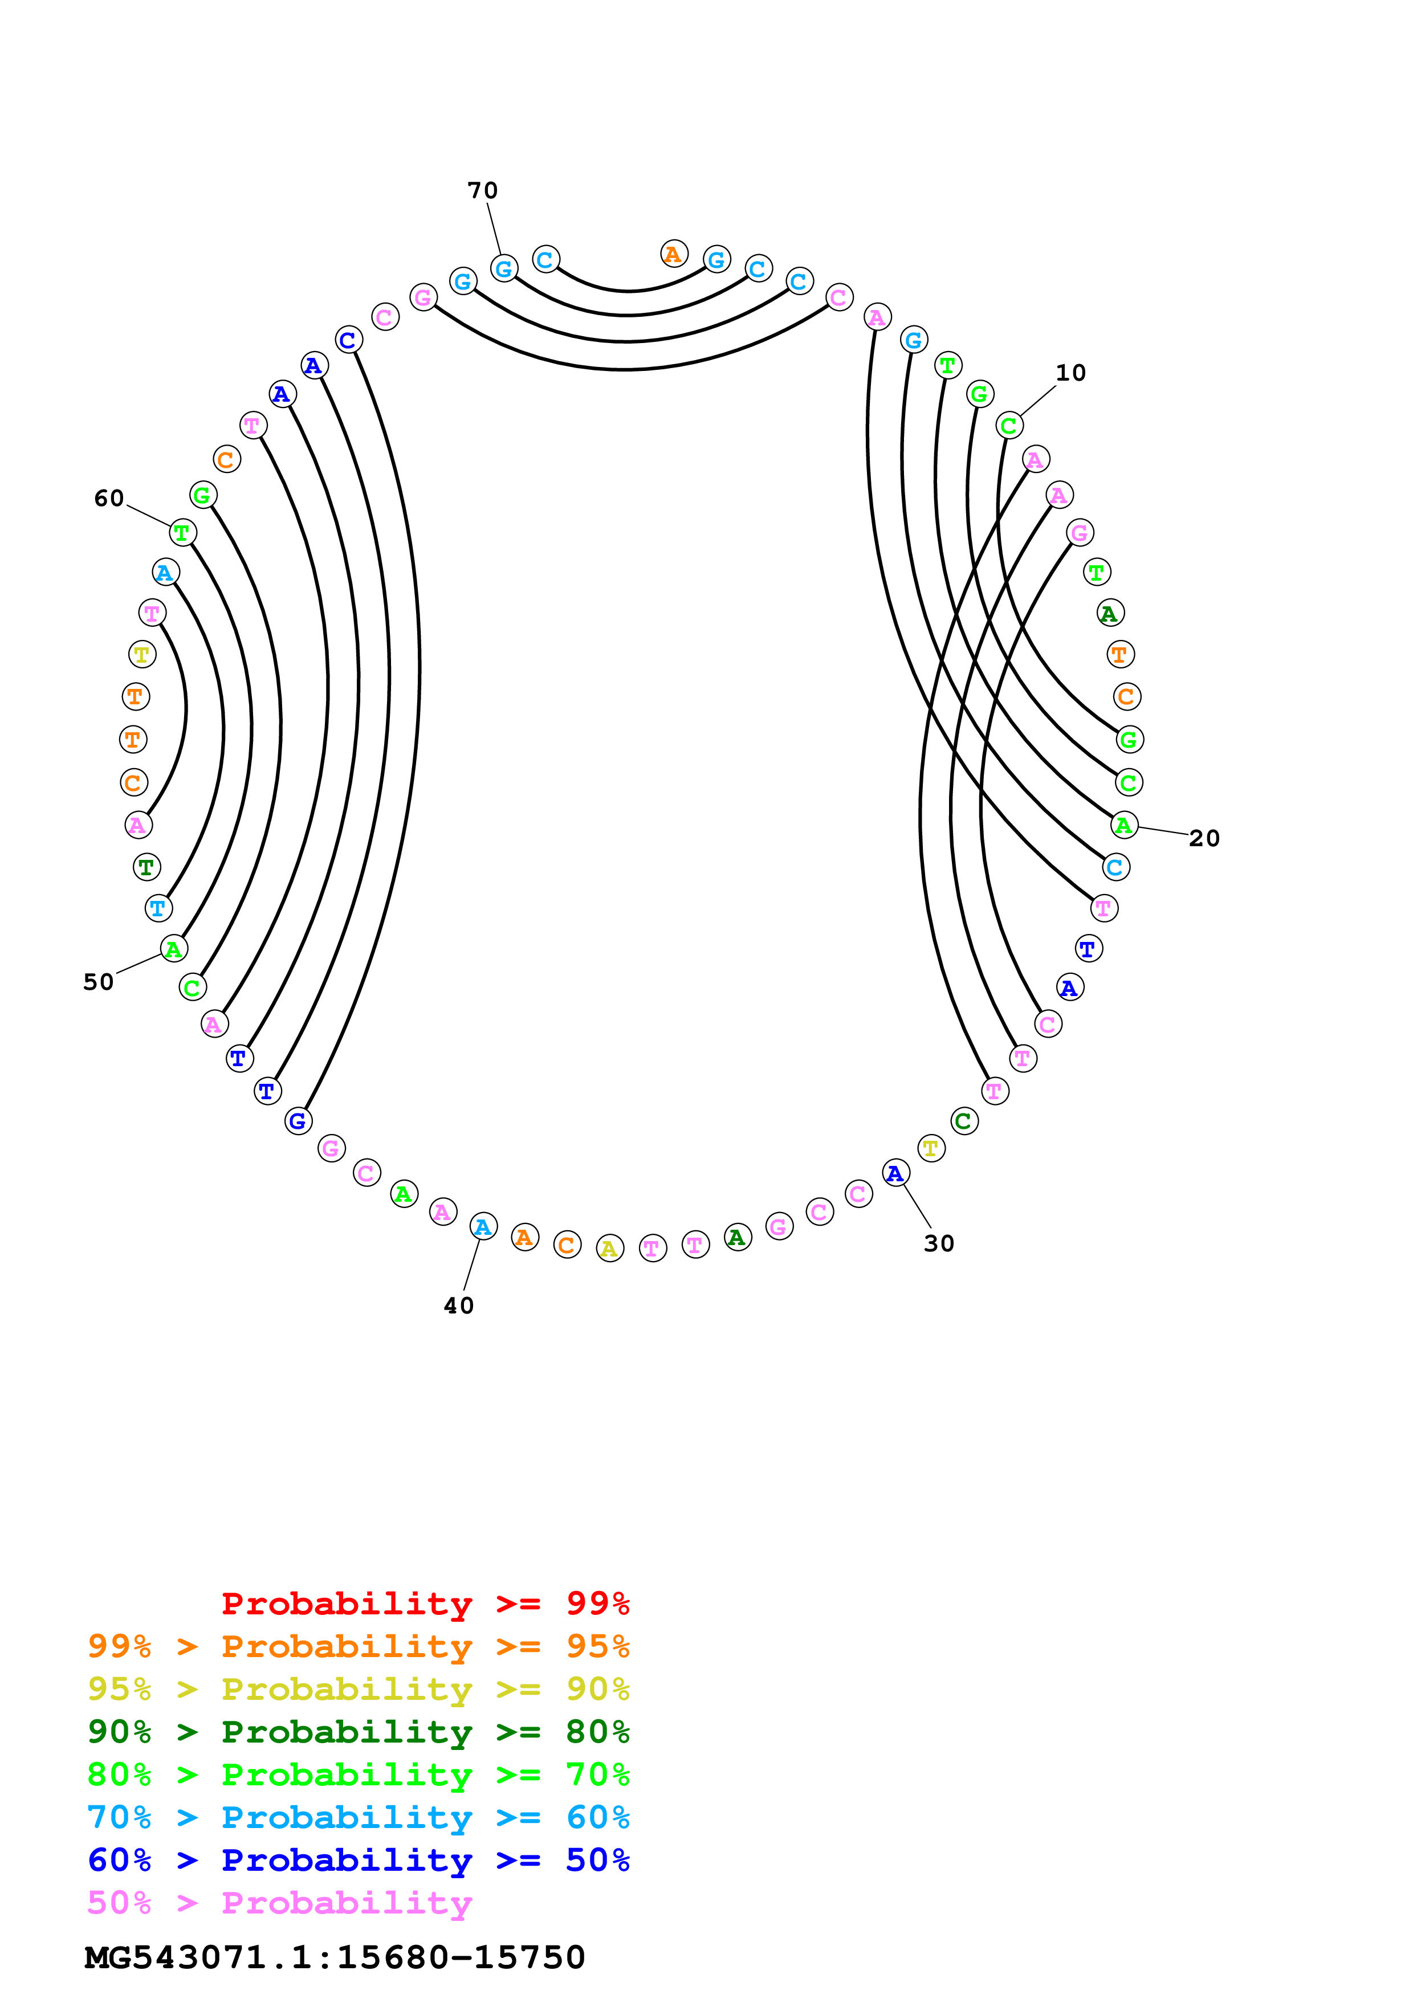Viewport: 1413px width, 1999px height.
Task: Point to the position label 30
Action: (939, 1243)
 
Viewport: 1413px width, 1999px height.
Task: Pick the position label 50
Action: (99, 982)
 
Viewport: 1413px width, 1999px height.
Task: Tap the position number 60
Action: (109, 498)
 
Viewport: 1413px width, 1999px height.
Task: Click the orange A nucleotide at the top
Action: (674, 254)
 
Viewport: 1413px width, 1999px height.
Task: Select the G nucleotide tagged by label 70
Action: (504, 268)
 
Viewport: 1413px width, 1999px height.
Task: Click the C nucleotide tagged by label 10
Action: (1009, 426)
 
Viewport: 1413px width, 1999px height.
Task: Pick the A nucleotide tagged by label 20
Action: (1124, 825)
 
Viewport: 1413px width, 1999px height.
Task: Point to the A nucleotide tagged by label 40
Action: (483, 1227)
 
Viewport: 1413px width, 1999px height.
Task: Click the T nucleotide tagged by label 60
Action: (182, 532)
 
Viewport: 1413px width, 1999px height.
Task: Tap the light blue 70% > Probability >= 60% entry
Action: (358, 1817)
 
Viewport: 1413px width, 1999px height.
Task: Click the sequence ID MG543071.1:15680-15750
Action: (335, 1957)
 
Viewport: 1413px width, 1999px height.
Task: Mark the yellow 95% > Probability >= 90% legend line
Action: (358, 1688)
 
